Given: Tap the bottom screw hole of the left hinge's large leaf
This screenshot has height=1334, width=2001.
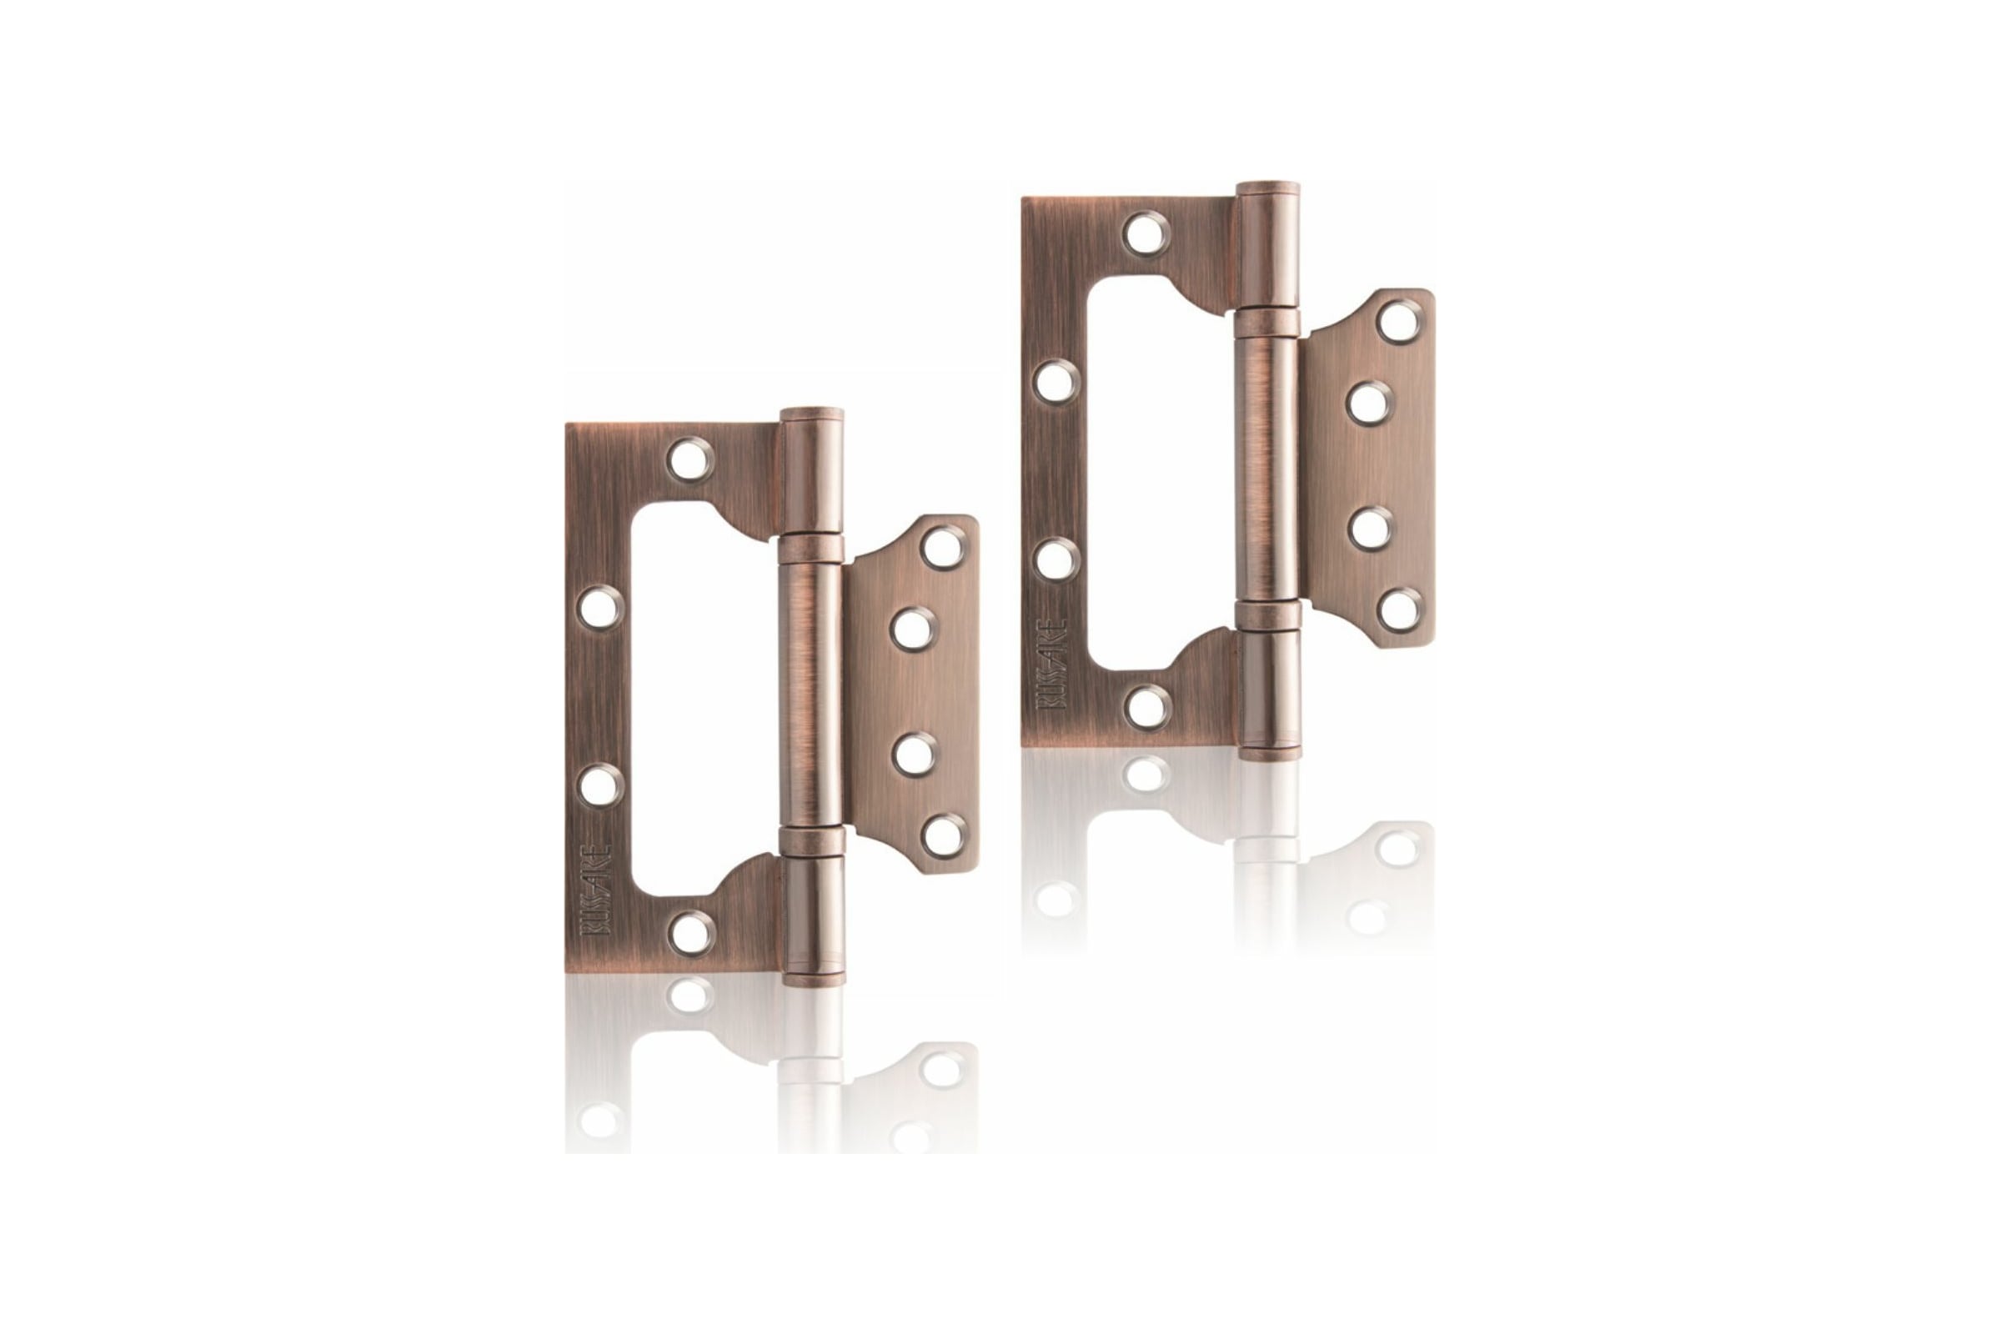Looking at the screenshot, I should click(690, 933).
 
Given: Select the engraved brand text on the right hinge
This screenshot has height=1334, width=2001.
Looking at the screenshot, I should click(1052, 664).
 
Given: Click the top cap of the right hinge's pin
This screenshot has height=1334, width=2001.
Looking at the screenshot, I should click(1267, 190).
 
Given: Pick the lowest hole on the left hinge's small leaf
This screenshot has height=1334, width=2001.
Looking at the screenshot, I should click(944, 835).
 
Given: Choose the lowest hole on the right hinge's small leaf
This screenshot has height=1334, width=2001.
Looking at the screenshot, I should click(1400, 609).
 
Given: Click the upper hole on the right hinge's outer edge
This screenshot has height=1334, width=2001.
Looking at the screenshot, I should click(1056, 380).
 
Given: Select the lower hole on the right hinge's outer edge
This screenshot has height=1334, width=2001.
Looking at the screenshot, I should click(1057, 559).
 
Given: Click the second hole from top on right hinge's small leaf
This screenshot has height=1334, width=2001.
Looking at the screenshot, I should click(1370, 404).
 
